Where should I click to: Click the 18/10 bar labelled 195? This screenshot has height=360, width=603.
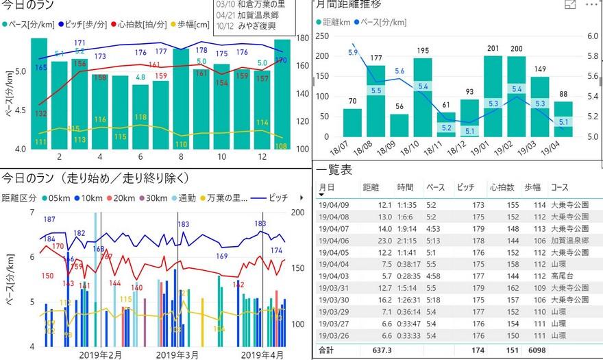[x=422, y=96]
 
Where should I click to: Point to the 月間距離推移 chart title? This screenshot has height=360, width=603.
[x=349, y=5]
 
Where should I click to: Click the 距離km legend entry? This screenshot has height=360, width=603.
[x=336, y=22]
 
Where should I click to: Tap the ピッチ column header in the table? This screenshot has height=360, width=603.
[x=465, y=187]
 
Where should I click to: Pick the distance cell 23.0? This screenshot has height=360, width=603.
[x=382, y=240]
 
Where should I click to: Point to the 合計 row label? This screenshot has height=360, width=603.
[x=328, y=351]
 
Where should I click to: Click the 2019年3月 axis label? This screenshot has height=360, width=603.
[x=177, y=355]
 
